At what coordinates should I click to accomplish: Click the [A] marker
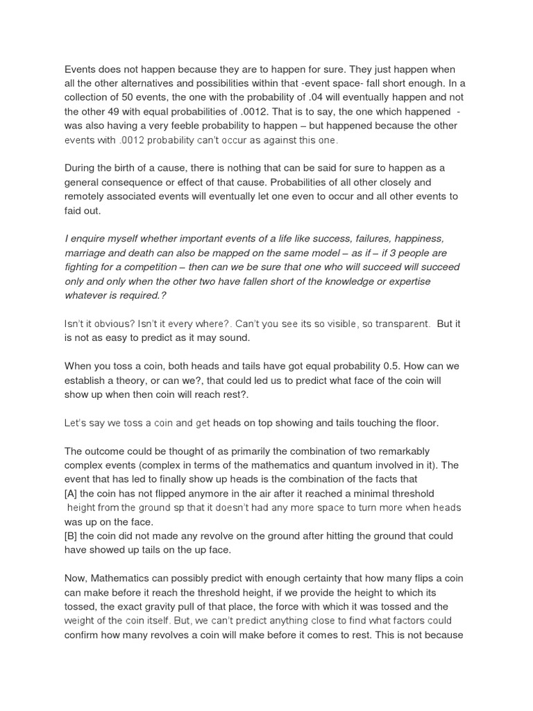[x=73, y=494]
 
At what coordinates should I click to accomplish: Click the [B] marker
[x=73, y=535]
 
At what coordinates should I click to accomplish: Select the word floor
[x=423, y=423]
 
